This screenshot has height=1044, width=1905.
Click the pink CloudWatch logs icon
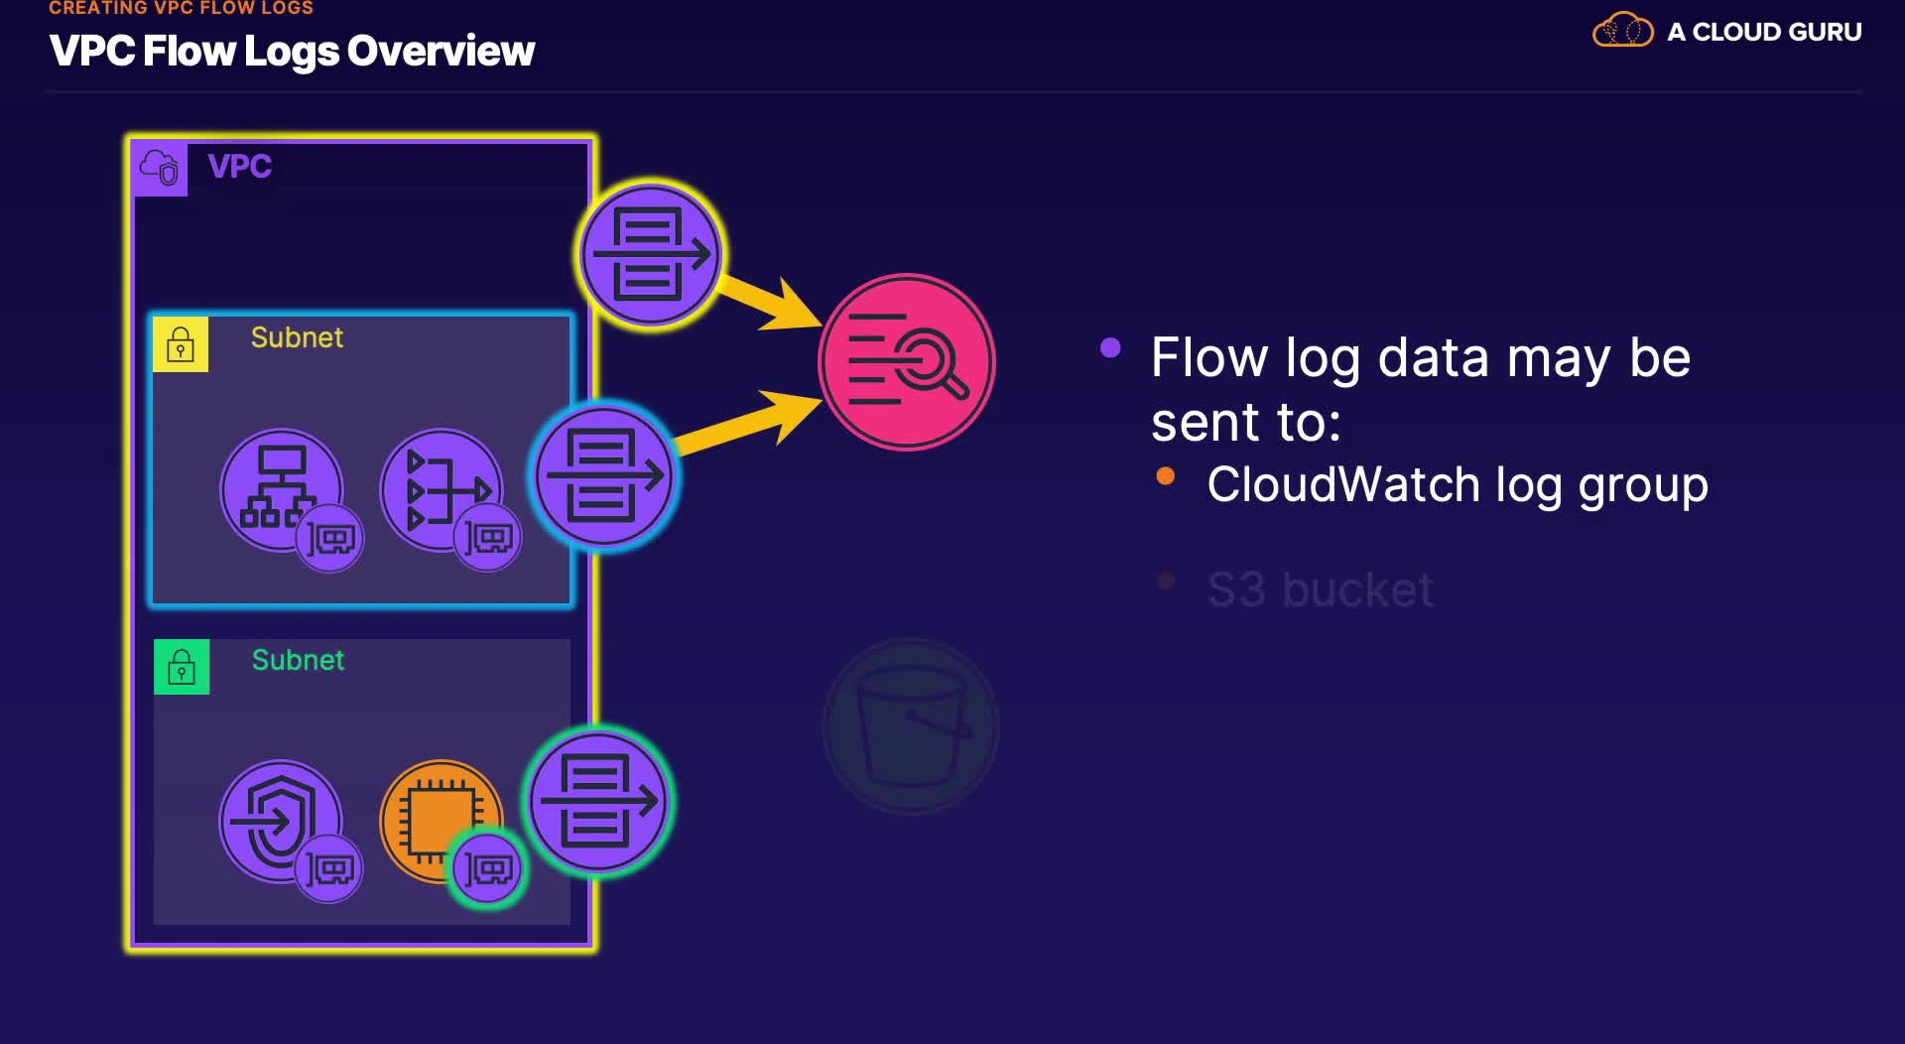(x=907, y=362)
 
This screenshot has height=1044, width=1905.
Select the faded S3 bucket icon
(x=910, y=726)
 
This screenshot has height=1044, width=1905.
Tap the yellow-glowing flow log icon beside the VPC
(x=651, y=254)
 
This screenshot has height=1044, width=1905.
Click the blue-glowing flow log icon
(x=604, y=476)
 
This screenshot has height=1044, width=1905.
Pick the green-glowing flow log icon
(x=598, y=801)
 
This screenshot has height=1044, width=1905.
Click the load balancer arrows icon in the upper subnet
(x=440, y=487)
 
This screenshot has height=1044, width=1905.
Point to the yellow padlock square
(x=181, y=344)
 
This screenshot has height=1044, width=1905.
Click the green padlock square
(x=182, y=667)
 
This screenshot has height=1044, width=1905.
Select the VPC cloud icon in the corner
(x=160, y=169)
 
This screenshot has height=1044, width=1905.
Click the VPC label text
(x=239, y=166)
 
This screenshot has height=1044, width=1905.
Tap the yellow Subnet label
(x=297, y=337)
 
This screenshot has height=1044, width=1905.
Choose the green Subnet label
(x=298, y=660)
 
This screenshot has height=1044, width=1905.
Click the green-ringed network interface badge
(x=487, y=869)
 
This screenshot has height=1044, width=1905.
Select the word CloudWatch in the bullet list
(x=1342, y=485)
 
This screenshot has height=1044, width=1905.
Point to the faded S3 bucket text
(x=1320, y=589)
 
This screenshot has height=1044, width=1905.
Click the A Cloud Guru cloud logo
(x=1622, y=31)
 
